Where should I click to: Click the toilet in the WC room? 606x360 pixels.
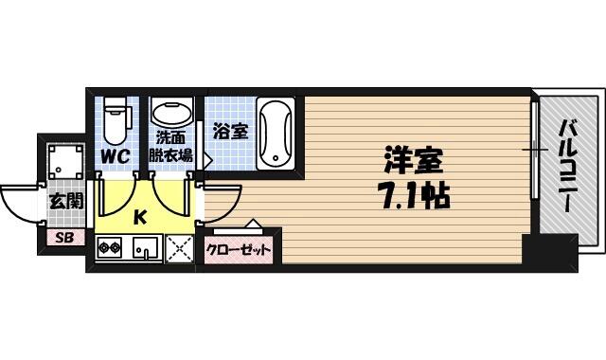click(x=116, y=120)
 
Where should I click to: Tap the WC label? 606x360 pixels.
click(x=115, y=156)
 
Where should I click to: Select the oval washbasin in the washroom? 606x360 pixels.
click(x=171, y=112)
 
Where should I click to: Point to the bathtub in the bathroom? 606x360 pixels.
click(x=276, y=134)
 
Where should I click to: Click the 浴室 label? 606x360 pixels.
click(x=231, y=132)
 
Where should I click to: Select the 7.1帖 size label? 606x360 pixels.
click(x=416, y=196)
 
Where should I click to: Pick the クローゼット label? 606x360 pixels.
click(x=238, y=250)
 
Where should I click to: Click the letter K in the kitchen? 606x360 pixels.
click(x=139, y=217)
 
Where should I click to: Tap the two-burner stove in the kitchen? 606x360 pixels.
click(x=109, y=246)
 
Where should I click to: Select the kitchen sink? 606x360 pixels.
click(x=145, y=247)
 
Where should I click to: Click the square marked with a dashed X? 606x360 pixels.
click(x=179, y=248)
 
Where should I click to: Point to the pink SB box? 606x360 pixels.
click(x=65, y=237)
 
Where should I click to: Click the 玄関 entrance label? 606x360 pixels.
click(x=66, y=202)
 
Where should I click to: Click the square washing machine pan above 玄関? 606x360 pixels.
click(x=66, y=162)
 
